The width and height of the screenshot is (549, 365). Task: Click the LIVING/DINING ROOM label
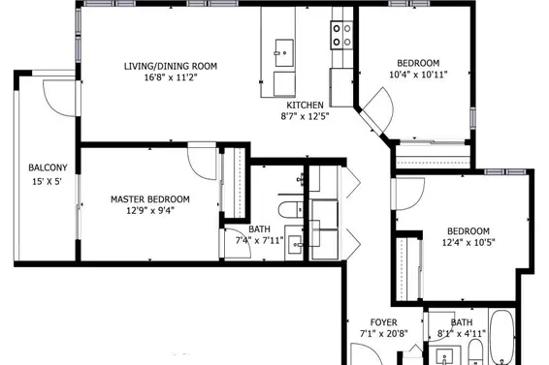coord(171,66)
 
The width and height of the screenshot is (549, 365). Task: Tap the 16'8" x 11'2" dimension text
coord(171,77)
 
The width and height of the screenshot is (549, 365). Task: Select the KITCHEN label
coord(305,106)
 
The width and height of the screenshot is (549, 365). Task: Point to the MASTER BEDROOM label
coord(150,199)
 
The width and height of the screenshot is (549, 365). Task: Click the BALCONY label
coord(48,167)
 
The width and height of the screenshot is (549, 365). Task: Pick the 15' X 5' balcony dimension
coord(48,182)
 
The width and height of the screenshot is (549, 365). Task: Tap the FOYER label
coord(384,322)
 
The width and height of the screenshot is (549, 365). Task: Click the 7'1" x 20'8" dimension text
coord(384,334)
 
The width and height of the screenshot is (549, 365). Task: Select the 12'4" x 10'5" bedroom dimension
coord(468,242)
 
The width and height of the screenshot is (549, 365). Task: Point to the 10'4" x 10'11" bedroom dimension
coord(418,75)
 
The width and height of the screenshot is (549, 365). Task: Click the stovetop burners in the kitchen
coord(341,35)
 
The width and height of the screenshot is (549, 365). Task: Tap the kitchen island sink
coord(284,53)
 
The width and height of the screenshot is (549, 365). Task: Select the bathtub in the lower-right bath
coord(501,337)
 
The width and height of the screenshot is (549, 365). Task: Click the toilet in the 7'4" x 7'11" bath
coord(291,210)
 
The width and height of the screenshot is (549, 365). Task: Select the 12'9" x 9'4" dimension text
coord(150,211)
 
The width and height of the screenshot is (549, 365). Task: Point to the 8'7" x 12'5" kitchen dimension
coord(305,116)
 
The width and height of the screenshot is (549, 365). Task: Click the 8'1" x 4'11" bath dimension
coord(462,334)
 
